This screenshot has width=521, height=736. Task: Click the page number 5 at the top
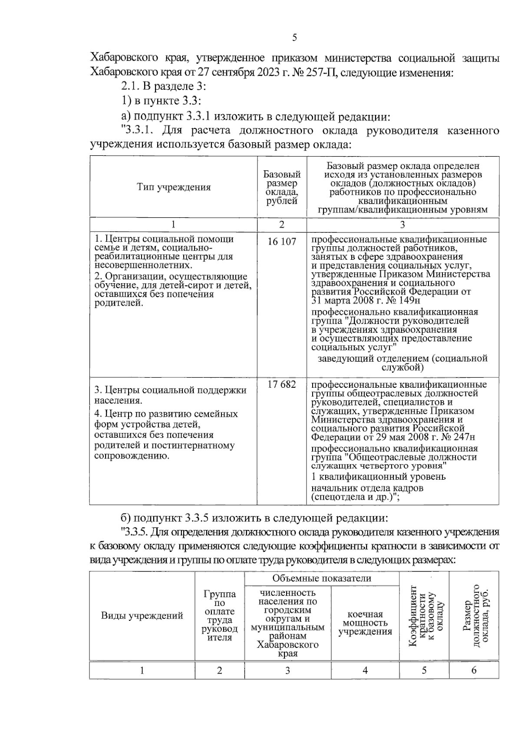tap(294, 38)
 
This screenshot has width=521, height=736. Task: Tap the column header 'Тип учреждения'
tap(174, 187)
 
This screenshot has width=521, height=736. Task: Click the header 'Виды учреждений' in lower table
tap(142, 615)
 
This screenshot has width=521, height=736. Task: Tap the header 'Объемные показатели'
tap(322, 578)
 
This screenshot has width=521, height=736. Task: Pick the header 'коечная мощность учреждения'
tap(365, 623)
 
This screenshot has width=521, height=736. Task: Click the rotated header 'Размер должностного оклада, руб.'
tap(474, 616)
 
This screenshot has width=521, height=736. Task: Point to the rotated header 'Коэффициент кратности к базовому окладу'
tap(425, 616)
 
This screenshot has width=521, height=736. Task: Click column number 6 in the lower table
tap(474, 670)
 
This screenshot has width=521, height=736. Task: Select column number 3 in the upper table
tap(402, 224)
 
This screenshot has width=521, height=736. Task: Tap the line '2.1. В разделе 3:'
tap(163, 86)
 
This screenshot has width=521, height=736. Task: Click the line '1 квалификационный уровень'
tap(379, 477)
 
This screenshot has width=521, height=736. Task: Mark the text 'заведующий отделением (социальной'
tap(402, 358)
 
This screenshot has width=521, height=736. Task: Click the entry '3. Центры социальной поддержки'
tap(171, 390)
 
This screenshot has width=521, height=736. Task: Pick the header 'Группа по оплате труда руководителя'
tap(220, 616)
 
